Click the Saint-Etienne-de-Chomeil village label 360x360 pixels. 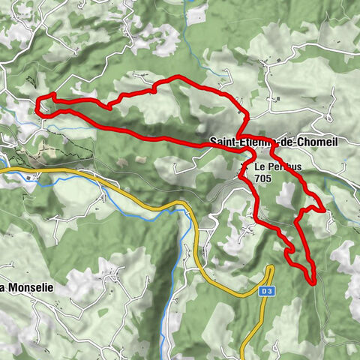(x=274, y=142)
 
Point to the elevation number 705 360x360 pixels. (x=263, y=178)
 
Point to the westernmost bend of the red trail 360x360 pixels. (x=37, y=109)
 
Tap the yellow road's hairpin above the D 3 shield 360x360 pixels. (x=271, y=268)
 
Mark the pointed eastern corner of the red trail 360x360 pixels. (x=325, y=211)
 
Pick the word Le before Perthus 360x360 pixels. (x=259, y=166)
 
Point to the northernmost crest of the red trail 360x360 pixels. (x=177, y=77)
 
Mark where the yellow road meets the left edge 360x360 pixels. (x=1, y=171)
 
